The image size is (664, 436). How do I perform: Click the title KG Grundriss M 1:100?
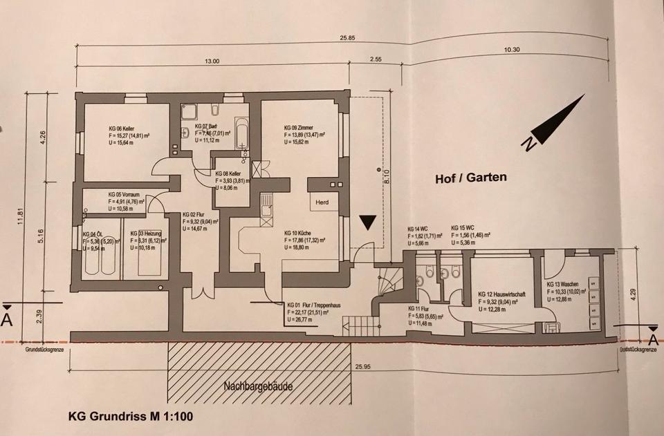(x=132, y=417)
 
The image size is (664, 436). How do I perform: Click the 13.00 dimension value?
(x=212, y=61)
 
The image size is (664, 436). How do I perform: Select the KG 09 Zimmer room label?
(x=302, y=128)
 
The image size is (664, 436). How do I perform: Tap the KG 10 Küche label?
(x=299, y=234)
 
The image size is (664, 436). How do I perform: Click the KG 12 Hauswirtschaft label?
(x=501, y=295)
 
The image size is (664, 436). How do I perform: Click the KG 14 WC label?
(x=418, y=227)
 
